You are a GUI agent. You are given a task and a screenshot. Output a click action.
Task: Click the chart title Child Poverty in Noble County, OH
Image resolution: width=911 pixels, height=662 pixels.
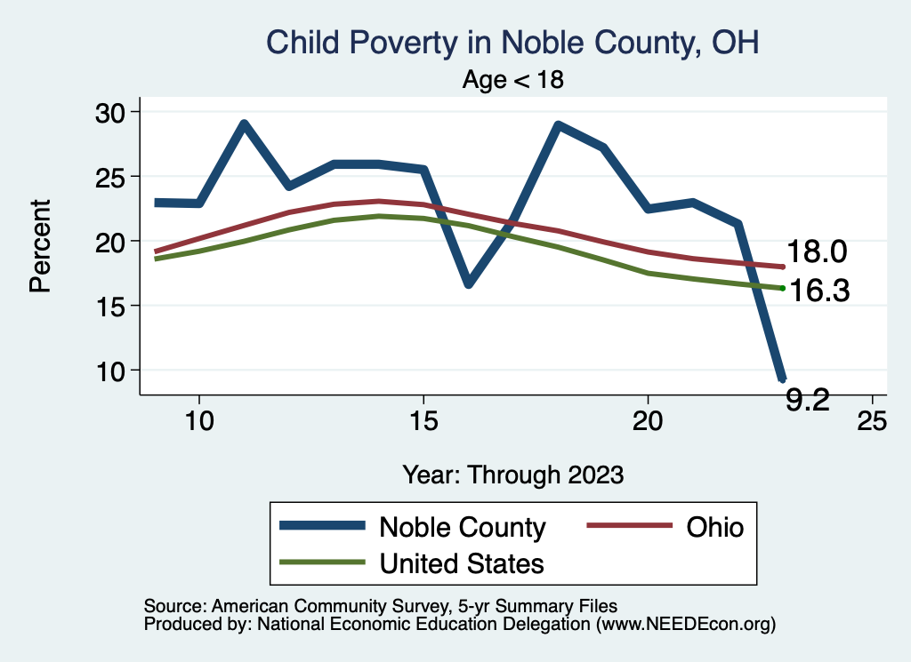point(512,43)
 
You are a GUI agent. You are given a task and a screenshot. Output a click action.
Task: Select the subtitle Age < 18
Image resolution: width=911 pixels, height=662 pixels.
point(513,80)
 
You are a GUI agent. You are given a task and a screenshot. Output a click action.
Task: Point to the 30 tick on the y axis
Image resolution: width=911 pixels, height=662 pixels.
point(110,112)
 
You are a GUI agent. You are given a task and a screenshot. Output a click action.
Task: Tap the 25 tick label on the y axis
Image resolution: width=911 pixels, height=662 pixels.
point(110,176)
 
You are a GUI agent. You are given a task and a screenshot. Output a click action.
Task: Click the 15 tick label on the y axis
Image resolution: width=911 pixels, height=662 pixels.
point(110,306)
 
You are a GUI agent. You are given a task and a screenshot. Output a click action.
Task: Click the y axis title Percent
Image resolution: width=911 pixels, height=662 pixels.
point(39,246)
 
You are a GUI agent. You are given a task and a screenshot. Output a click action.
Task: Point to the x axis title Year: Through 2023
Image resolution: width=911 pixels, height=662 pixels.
point(512,474)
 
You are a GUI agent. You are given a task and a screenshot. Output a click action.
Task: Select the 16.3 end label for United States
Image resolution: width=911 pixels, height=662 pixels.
point(820,291)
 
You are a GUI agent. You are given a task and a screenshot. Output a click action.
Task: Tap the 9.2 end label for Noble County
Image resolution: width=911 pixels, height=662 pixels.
point(808,400)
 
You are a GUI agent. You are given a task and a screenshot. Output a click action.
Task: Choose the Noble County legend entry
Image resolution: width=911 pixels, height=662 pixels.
point(462,527)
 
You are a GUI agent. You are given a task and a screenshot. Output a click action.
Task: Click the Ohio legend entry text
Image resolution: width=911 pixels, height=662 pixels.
point(714,527)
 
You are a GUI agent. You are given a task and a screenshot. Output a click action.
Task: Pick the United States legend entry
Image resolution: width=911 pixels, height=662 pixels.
point(462,562)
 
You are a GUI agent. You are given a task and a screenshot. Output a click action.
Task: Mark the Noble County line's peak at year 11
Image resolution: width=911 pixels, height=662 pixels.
point(244,124)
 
